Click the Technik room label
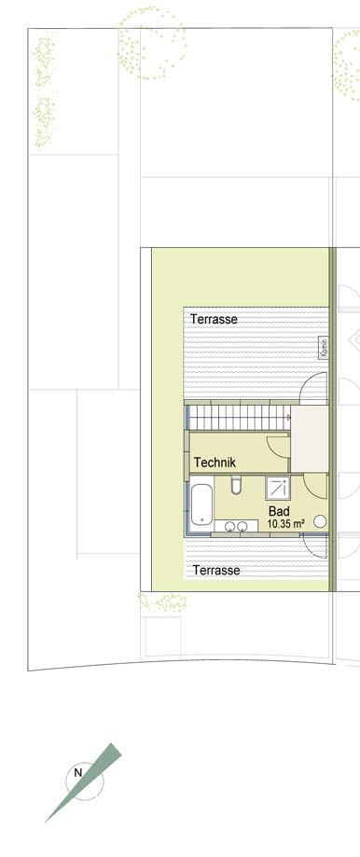click(215, 463)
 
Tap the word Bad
click(277, 512)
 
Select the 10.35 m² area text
click(285, 523)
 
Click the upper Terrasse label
click(214, 319)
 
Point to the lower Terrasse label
click(216, 570)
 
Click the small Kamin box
click(324, 348)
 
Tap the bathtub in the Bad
click(201, 504)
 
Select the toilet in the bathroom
click(237, 484)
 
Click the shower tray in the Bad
click(278, 488)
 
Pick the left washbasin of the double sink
click(231, 526)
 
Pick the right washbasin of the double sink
click(242, 526)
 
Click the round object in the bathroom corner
click(320, 521)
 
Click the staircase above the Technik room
click(240, 418)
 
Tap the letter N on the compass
click(78, 773)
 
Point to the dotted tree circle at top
click(152, 43)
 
